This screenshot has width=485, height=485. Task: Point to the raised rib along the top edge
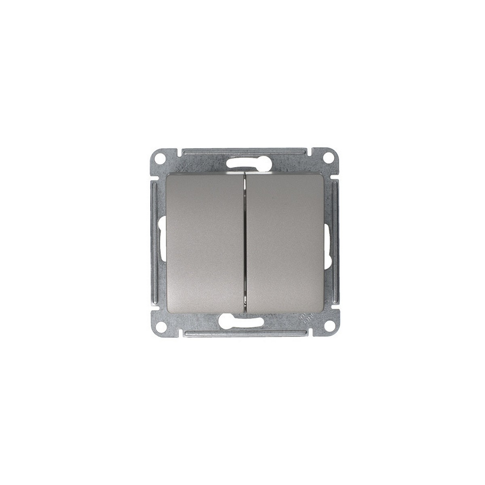coord(242,151)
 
